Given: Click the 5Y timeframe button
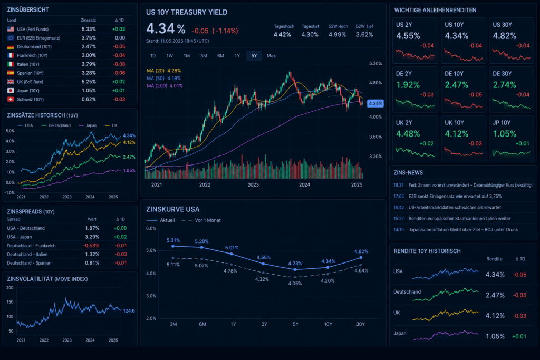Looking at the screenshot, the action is coord(254,56).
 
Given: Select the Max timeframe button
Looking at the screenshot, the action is coord(271,56).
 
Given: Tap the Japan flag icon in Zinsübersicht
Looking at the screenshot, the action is coord(11,91).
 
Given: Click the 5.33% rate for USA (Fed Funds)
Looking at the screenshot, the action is coord(89,30).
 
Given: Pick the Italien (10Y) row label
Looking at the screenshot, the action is coord(28,64).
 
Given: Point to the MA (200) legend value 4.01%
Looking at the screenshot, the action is coord(176,86).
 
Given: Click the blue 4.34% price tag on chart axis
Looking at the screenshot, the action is coord(375,103).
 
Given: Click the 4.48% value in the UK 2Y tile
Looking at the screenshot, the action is coord(408,133).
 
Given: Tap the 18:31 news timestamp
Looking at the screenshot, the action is coord(399,185).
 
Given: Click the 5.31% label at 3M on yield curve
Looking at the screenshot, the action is coord(173,240).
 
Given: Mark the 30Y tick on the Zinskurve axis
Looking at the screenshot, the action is coord(360,324).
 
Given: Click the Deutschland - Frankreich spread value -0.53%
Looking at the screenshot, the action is coord(91,246).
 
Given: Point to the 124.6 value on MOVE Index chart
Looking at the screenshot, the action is coord(129,311).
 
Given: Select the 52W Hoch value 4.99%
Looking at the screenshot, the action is coord(337,35).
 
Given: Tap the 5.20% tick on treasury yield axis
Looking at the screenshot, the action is coord(375,64).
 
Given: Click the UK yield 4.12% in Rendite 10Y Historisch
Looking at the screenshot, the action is coord(495,316).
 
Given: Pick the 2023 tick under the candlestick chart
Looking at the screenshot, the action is coord(253,185).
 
